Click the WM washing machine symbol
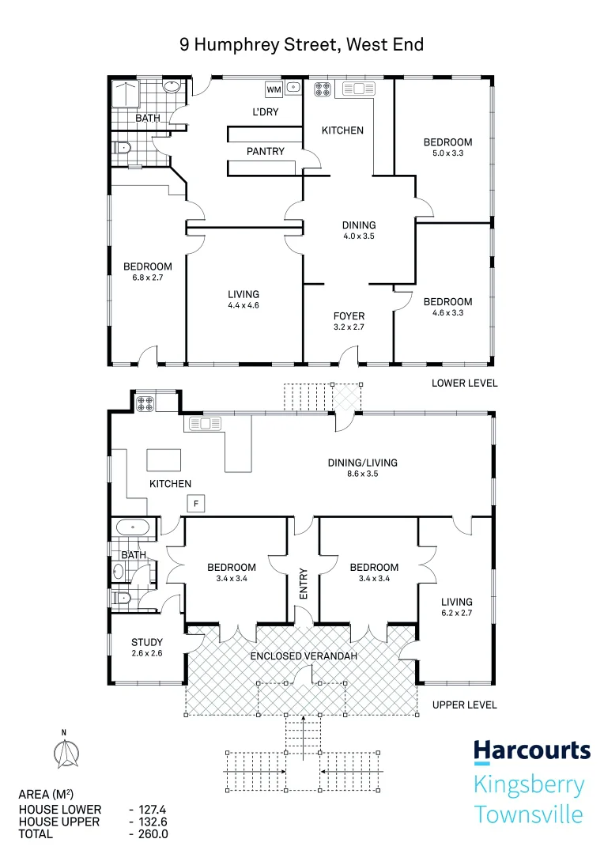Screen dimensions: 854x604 (274, 89)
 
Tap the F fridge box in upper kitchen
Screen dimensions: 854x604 (194, 503)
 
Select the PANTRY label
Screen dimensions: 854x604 (266, 151)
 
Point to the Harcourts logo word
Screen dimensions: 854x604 (531, 750)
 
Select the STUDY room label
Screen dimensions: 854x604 (147, 642)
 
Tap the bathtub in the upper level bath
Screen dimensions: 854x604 (132, 527)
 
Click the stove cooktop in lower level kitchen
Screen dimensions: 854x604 (323, 89)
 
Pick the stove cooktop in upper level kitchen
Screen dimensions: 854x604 (145, 403)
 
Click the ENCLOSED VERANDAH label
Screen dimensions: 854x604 (304, 656)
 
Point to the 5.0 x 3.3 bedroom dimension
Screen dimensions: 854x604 (447, 153)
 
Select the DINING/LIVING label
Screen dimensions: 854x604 (363, 463)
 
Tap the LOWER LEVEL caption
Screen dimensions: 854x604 (464, 383)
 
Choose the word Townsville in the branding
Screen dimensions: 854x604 (528, 814)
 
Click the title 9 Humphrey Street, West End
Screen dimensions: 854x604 (301, 44)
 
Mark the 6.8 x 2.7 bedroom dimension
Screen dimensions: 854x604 (147, 278)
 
